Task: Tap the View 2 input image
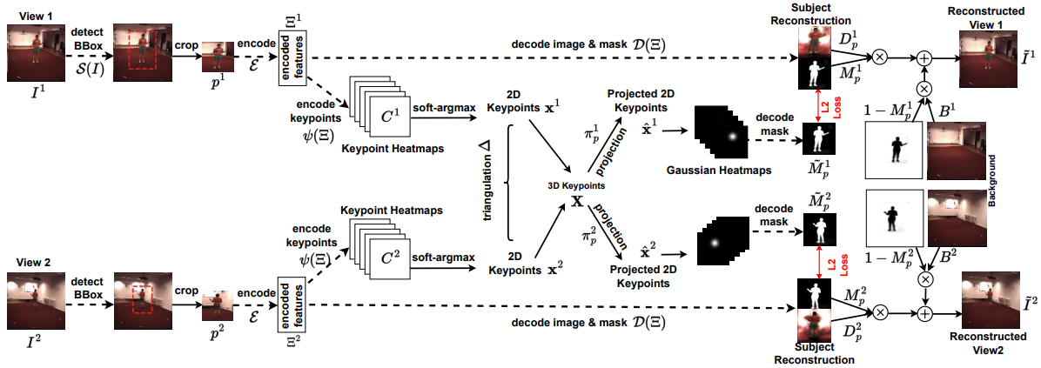click(x=31, y=297)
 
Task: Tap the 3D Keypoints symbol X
click(x=575, y=199)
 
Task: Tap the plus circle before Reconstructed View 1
click(x=924, y=57)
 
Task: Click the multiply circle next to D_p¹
click(x=879, y=57)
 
